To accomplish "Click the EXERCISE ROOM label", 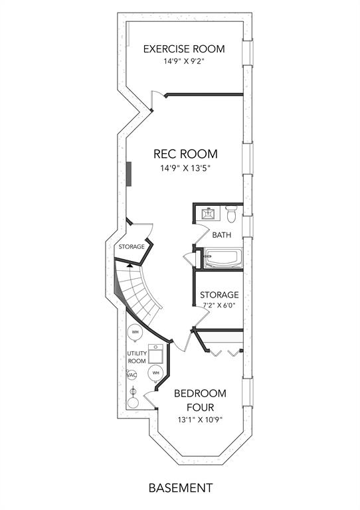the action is pyautogui.click(x=184, y=48).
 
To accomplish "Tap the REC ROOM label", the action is pyautogui.click(x=185, y=154).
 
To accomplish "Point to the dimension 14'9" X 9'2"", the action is pyautogui.click(x=184, y=61).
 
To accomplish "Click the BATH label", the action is pyautogui.click(x=222, y=235).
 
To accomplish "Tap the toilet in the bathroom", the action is pyautogui.click(x=231, y=213).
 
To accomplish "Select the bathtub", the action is pyautogui.click(x=223, y=258).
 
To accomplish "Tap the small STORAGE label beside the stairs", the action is pyautogui.click(x=132, y=247).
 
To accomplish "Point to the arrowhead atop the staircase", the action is pyautogui.click(x=130, y=266).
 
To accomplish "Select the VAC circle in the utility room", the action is pyautogui.click(x=132, y=375).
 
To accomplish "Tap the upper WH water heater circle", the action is pyautogui.click(x=135, y=332).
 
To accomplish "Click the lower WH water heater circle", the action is pyautogui.click(x=156, y=373).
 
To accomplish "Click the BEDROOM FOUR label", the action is pyautogui.click(x=201, y=400).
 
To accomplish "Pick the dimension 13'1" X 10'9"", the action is pyautogui.click(x=200, y=420).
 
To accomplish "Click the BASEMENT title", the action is pyautogui.click(x=181, y=488).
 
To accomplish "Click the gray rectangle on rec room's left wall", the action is pyautogui.click(x=129, y=174).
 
